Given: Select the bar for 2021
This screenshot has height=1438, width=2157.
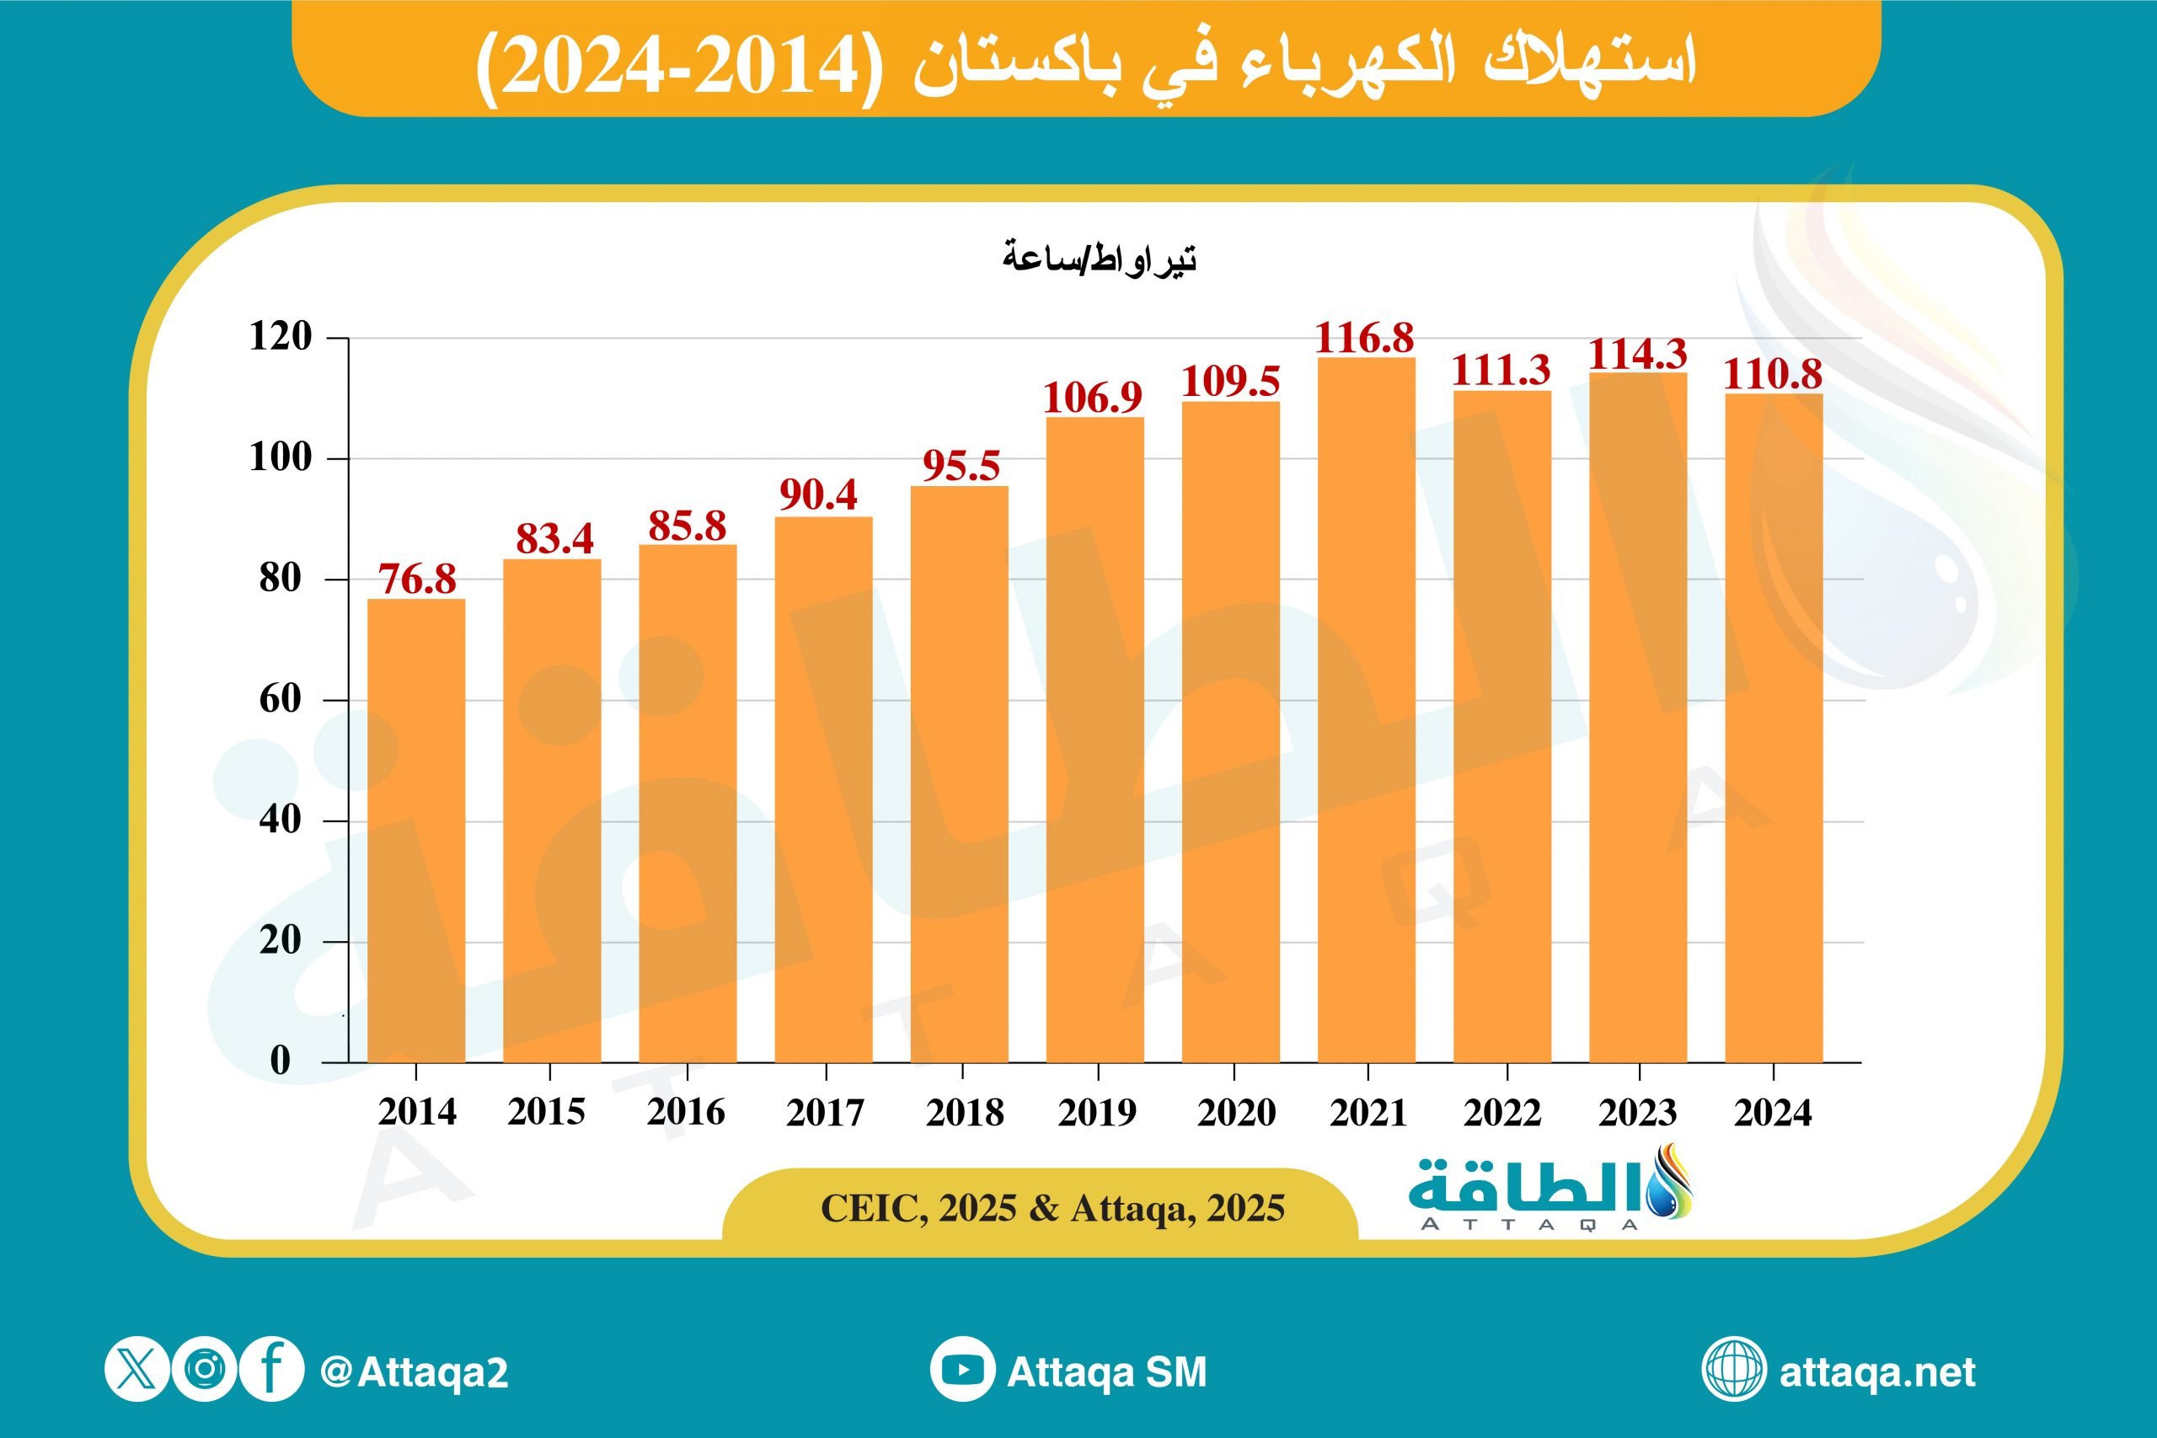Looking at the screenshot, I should pos(1367,711).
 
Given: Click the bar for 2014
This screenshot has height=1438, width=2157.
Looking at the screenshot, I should pos(416,831).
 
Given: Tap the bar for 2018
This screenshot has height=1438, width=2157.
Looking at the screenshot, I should pos(960,775).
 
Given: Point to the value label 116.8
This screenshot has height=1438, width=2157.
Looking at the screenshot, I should pos(1365,339).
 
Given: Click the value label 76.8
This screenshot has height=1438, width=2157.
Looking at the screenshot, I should pos(417,580).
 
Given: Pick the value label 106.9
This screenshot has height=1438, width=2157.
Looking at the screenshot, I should pos(1092,398).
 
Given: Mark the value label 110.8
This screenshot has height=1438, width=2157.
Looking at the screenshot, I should pos(1773,374).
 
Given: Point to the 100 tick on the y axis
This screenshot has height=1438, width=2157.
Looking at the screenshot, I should pos(281,457).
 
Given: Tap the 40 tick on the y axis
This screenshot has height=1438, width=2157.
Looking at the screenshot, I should pos(281,819).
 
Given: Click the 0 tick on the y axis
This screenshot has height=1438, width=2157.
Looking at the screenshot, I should pos(281,1060).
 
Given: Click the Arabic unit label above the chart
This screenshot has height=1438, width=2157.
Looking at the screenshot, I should pos(1100,259).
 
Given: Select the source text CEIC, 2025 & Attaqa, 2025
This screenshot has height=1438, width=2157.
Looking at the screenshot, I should pos(1052,1209).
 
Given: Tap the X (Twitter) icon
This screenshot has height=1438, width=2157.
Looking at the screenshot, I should pos(136,1369).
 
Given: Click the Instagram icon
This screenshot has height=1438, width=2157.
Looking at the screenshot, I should pos(205,1369).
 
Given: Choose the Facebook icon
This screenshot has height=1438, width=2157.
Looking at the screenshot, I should pos(271,1369).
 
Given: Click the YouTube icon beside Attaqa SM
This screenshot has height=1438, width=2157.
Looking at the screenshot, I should pos(962,1370).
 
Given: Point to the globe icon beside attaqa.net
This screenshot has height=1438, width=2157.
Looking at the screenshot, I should pos(1733,1370).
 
